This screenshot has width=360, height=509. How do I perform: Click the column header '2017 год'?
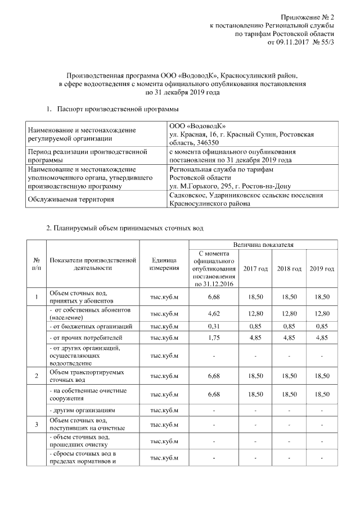(255, 268)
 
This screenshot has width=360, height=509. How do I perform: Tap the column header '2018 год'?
(289, 268)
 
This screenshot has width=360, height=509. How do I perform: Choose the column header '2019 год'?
(321, 268)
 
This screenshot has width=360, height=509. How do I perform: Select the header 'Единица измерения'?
(164, 264)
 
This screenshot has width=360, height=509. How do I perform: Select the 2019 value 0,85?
(321, 326)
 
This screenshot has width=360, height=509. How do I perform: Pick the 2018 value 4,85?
(289, 338)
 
